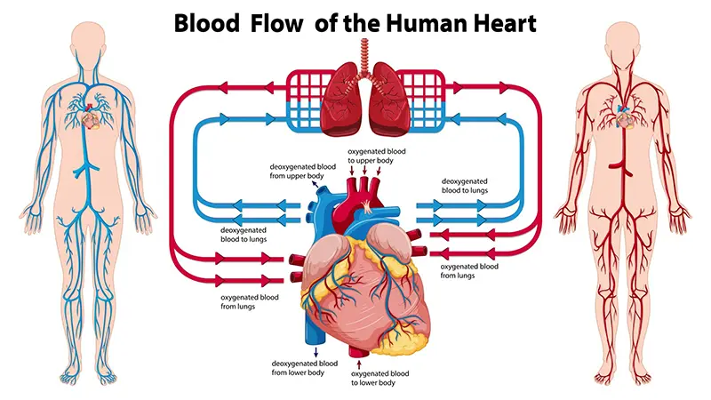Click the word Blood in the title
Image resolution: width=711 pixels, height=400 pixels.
pyautogui.click(x=207, y=23)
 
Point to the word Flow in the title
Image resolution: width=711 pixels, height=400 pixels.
pyautogui.click(x=276, y=23)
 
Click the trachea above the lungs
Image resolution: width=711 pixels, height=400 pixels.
pyautogui.click(x=364, y=55)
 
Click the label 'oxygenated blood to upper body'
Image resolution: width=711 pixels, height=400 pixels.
pyautogui.click(x=376, y=156)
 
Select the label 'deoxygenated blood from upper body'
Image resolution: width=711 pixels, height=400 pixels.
pyautogui.click(x=302, y=172)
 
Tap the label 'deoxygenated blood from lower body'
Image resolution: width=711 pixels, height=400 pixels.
pyautogui.click(x=304, y=368)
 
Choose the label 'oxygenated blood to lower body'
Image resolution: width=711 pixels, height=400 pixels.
pyautogui.click(x=379, y=379)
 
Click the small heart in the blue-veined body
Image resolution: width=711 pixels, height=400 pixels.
pyautogui.click(x=91, y=119)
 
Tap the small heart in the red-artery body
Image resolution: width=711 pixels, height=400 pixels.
pyautogui.click(x=625, y=119)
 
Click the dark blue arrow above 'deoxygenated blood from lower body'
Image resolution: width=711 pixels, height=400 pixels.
pyautogui.click(x=316, y=352)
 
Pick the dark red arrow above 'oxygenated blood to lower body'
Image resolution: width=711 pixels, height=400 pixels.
pyautogui.click(x=359, y=364)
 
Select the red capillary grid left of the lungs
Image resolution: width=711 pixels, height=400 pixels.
pyautogui.click(x=304, y=86)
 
